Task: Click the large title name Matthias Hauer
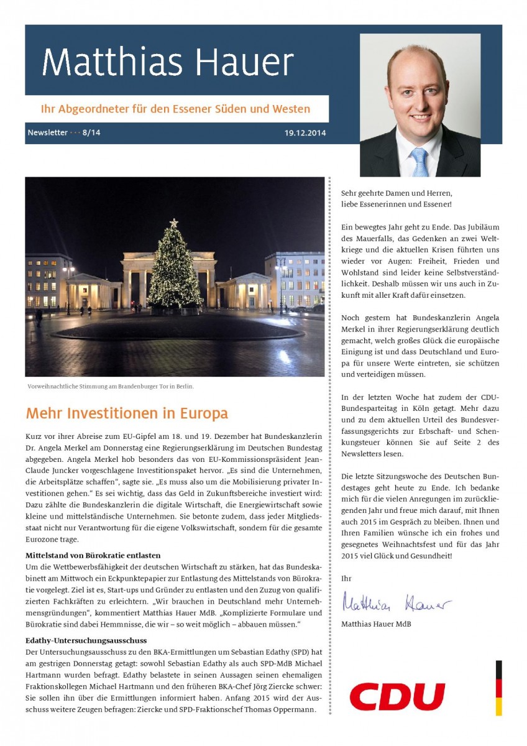pyautogui.click(x=168, y=62)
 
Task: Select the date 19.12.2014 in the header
pyautogui.click(x=305, y=133)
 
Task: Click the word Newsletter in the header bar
pyautogui.click(x=48, y=133)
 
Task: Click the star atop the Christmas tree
pyautogui.click(x=174, y=223)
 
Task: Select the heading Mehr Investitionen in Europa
pyautogui.click(x=127, y=413)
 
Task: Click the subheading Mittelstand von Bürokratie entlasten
pyautogui.click(x=93, y=555)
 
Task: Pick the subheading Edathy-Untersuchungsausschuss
pyautogui.click(x=86, y=640)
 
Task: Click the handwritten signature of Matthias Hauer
pyautogui.click(x=396, y=602)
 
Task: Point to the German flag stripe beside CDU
pyautogui.click(x=498, y=688)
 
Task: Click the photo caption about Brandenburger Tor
pyautogui.click(x=111, y=386)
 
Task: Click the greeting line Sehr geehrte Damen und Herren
pyautogui.click(x=396, y=193)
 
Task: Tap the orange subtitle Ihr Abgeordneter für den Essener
pyautogui.click(x=175, y=109)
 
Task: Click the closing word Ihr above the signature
pyautogui.click(x=346, y=578)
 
